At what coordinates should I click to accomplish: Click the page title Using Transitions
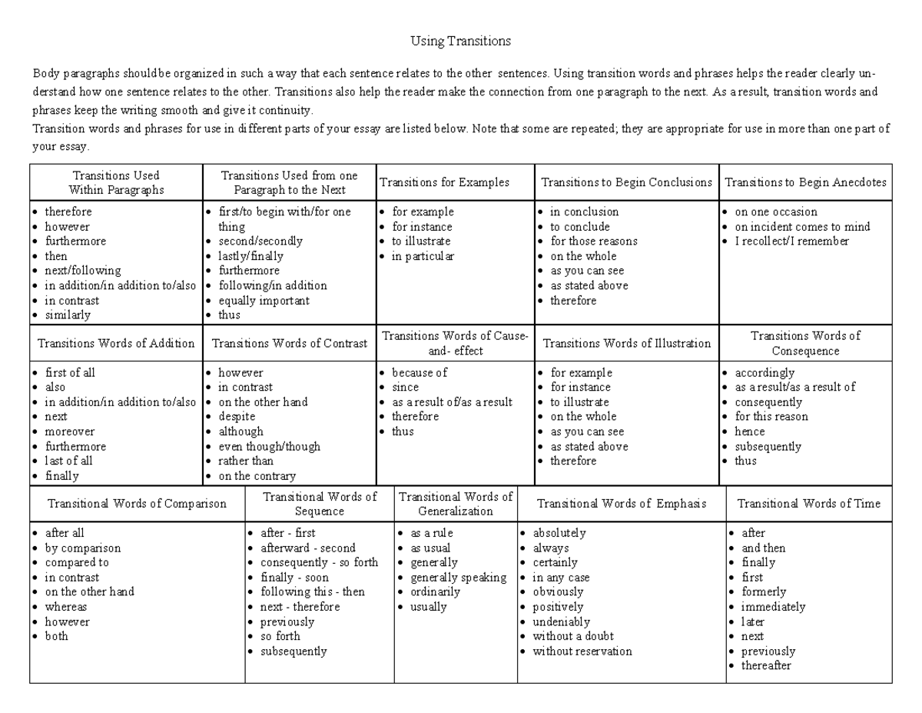460,41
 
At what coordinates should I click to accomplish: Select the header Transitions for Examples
445,182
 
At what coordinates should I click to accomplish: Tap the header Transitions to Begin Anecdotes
805,182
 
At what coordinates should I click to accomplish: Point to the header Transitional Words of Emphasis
621,504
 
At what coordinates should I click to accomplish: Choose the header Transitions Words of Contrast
289,343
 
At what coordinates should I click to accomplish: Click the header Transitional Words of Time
808,504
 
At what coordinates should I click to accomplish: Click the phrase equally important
264,300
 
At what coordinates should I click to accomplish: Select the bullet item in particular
423,256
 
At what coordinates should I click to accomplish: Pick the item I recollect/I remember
791,241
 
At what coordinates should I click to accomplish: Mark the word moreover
70,431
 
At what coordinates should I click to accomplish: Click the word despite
237,416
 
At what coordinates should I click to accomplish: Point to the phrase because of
419,372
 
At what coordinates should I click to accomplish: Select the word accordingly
764,372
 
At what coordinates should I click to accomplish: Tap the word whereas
66,606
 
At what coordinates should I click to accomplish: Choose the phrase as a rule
431,533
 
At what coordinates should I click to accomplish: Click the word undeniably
561,621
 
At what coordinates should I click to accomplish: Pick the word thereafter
765,665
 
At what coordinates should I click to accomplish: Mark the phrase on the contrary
257,475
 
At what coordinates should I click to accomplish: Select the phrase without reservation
582,651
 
